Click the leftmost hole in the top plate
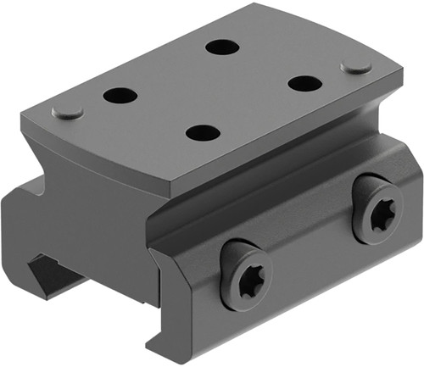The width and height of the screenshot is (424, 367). pos(120,96)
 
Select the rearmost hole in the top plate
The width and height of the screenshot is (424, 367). pos(222,46)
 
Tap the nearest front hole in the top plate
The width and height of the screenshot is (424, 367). pos(203,133)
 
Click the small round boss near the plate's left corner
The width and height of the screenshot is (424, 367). pos(67,112)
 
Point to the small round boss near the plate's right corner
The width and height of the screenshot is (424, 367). pos(356,67)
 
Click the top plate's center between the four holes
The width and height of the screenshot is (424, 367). pos(212,90)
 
